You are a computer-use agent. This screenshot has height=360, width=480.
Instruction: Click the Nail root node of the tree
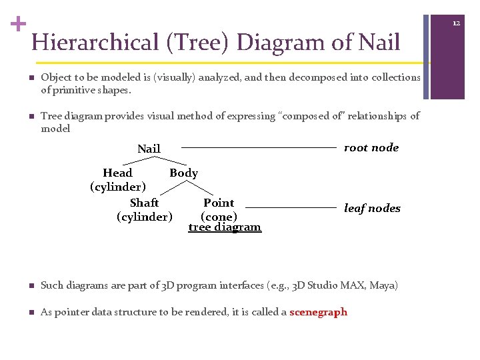(x=149, y=149)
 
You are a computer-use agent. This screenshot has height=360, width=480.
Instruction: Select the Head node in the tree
(x=117, y=173)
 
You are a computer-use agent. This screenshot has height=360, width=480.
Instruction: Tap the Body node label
(x=183, y=173)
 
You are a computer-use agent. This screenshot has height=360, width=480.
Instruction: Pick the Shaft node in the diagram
(x=144, y=203)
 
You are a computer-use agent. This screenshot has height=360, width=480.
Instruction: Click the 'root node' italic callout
(x=371, y=148)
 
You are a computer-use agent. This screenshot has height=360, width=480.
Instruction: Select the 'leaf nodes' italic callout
(x=372, y=209)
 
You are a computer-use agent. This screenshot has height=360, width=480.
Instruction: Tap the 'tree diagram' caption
(x=225, y=227)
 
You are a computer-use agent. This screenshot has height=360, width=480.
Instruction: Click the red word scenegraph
(x=318, y=312)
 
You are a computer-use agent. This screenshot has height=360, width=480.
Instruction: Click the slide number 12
(x=457, y=23)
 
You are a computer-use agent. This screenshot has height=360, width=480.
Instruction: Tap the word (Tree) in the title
(x=199, y=43)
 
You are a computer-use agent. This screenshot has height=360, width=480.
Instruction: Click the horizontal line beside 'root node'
(x=259, y=147)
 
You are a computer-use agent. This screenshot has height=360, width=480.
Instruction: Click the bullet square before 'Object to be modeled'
(x=31, y=78)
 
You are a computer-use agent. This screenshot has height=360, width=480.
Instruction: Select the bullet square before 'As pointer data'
(x=31, y=313)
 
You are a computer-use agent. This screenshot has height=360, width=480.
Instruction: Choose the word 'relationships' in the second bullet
(x=372, y=117)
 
